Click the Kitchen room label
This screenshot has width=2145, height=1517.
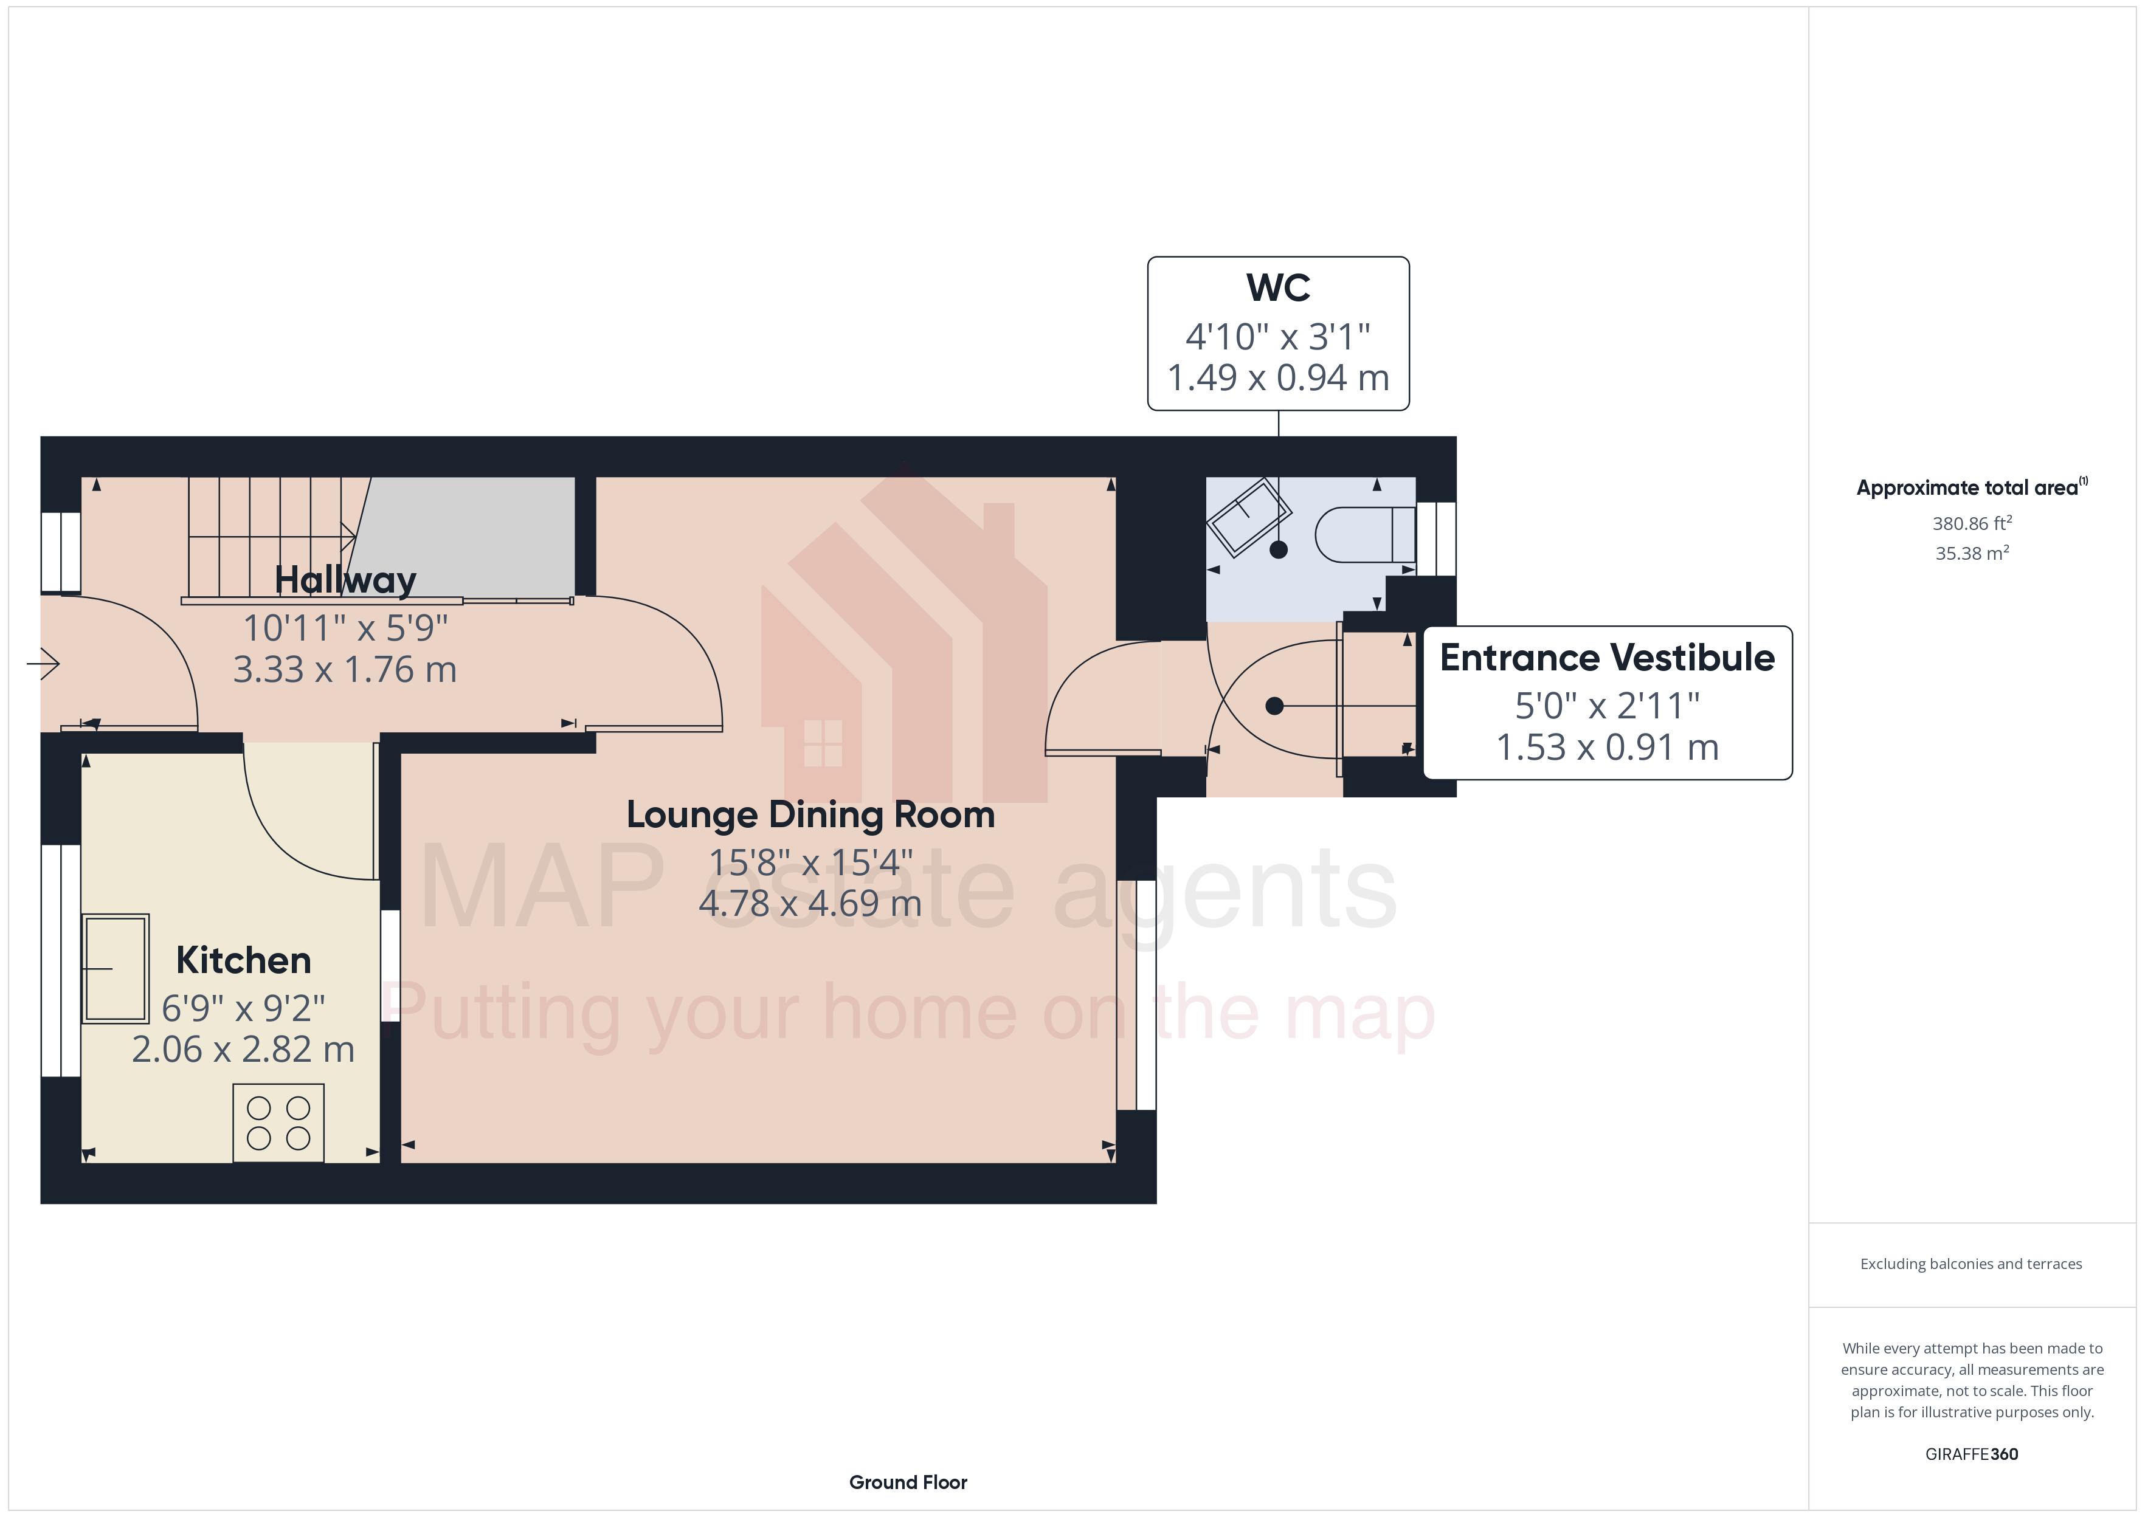pyautogui.click(x=243, y=960)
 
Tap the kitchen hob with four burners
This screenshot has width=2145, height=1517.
pyautogui.click(x=278, y=1123)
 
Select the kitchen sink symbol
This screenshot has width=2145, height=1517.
pyautogui.click(x=115, y=969)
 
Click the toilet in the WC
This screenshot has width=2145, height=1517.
pyautogui.click(x=1364, y=534)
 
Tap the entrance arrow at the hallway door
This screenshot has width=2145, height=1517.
pyautogui.click(x=43, y=664)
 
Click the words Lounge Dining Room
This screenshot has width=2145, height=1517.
pyautogui.click(x=810, y=814)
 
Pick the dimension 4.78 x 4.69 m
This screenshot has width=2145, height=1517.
pyautogui.click(x=810, y=903)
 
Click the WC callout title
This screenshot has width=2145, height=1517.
pyautogui.click(x=1278, y=287)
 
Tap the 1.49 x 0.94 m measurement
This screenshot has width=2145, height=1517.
pyautogui.click(x=1278, y=378)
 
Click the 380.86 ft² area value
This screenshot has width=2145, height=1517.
pyautogui.click(x=1971, y=523)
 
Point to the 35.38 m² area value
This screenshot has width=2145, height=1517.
pyautogui.click(x=1971, y=553)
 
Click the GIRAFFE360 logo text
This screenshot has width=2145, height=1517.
pyautogui.click(x=1971, y=1453)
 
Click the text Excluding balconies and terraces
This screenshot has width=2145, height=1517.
pyautogui.click(x=1971, y=1264)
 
